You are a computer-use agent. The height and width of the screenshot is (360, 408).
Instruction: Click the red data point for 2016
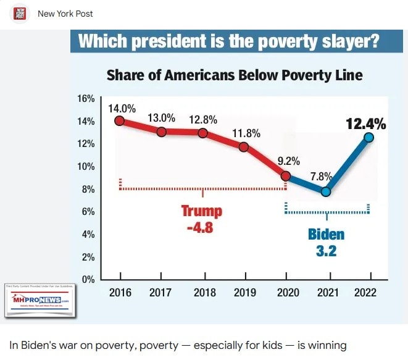tap(119, 121)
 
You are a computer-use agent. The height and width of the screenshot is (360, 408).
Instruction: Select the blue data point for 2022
tap(368, 138)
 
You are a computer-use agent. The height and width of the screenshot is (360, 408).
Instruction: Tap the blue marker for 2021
tap(326, 191)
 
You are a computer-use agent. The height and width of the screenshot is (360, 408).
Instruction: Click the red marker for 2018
tap(202, 133)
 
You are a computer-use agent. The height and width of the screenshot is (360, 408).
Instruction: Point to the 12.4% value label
tap(365, 124)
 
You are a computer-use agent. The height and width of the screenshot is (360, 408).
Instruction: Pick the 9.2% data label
tap(288, 161)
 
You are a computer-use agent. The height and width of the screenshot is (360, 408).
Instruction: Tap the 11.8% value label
tap(246, 133)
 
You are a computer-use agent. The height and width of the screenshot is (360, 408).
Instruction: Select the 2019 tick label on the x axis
tap(245, 293)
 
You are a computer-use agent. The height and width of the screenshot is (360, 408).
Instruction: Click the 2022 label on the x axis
tap(365, 293)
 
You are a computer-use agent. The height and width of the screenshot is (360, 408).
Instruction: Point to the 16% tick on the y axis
tap(86, 99)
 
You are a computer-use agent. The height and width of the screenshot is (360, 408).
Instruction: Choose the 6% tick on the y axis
tap(88, 212)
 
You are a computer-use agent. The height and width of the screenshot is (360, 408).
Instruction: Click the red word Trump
tap(201, 211)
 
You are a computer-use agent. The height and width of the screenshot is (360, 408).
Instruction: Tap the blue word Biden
tap(326, 235)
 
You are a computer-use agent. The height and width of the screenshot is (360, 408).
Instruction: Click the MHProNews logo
tap(39, 300)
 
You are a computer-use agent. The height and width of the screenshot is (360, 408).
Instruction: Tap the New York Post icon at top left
tap(20, 13)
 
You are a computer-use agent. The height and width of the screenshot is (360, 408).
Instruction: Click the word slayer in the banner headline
tap(347, 42)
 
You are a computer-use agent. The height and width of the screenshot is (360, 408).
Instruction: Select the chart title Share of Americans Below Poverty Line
tap(235, 75)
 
